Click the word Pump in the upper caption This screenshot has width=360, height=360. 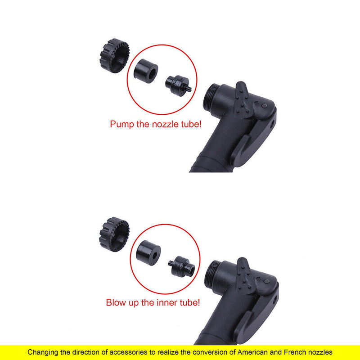tap(122, 124)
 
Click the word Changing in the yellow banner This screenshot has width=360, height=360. tap(45, 352)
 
